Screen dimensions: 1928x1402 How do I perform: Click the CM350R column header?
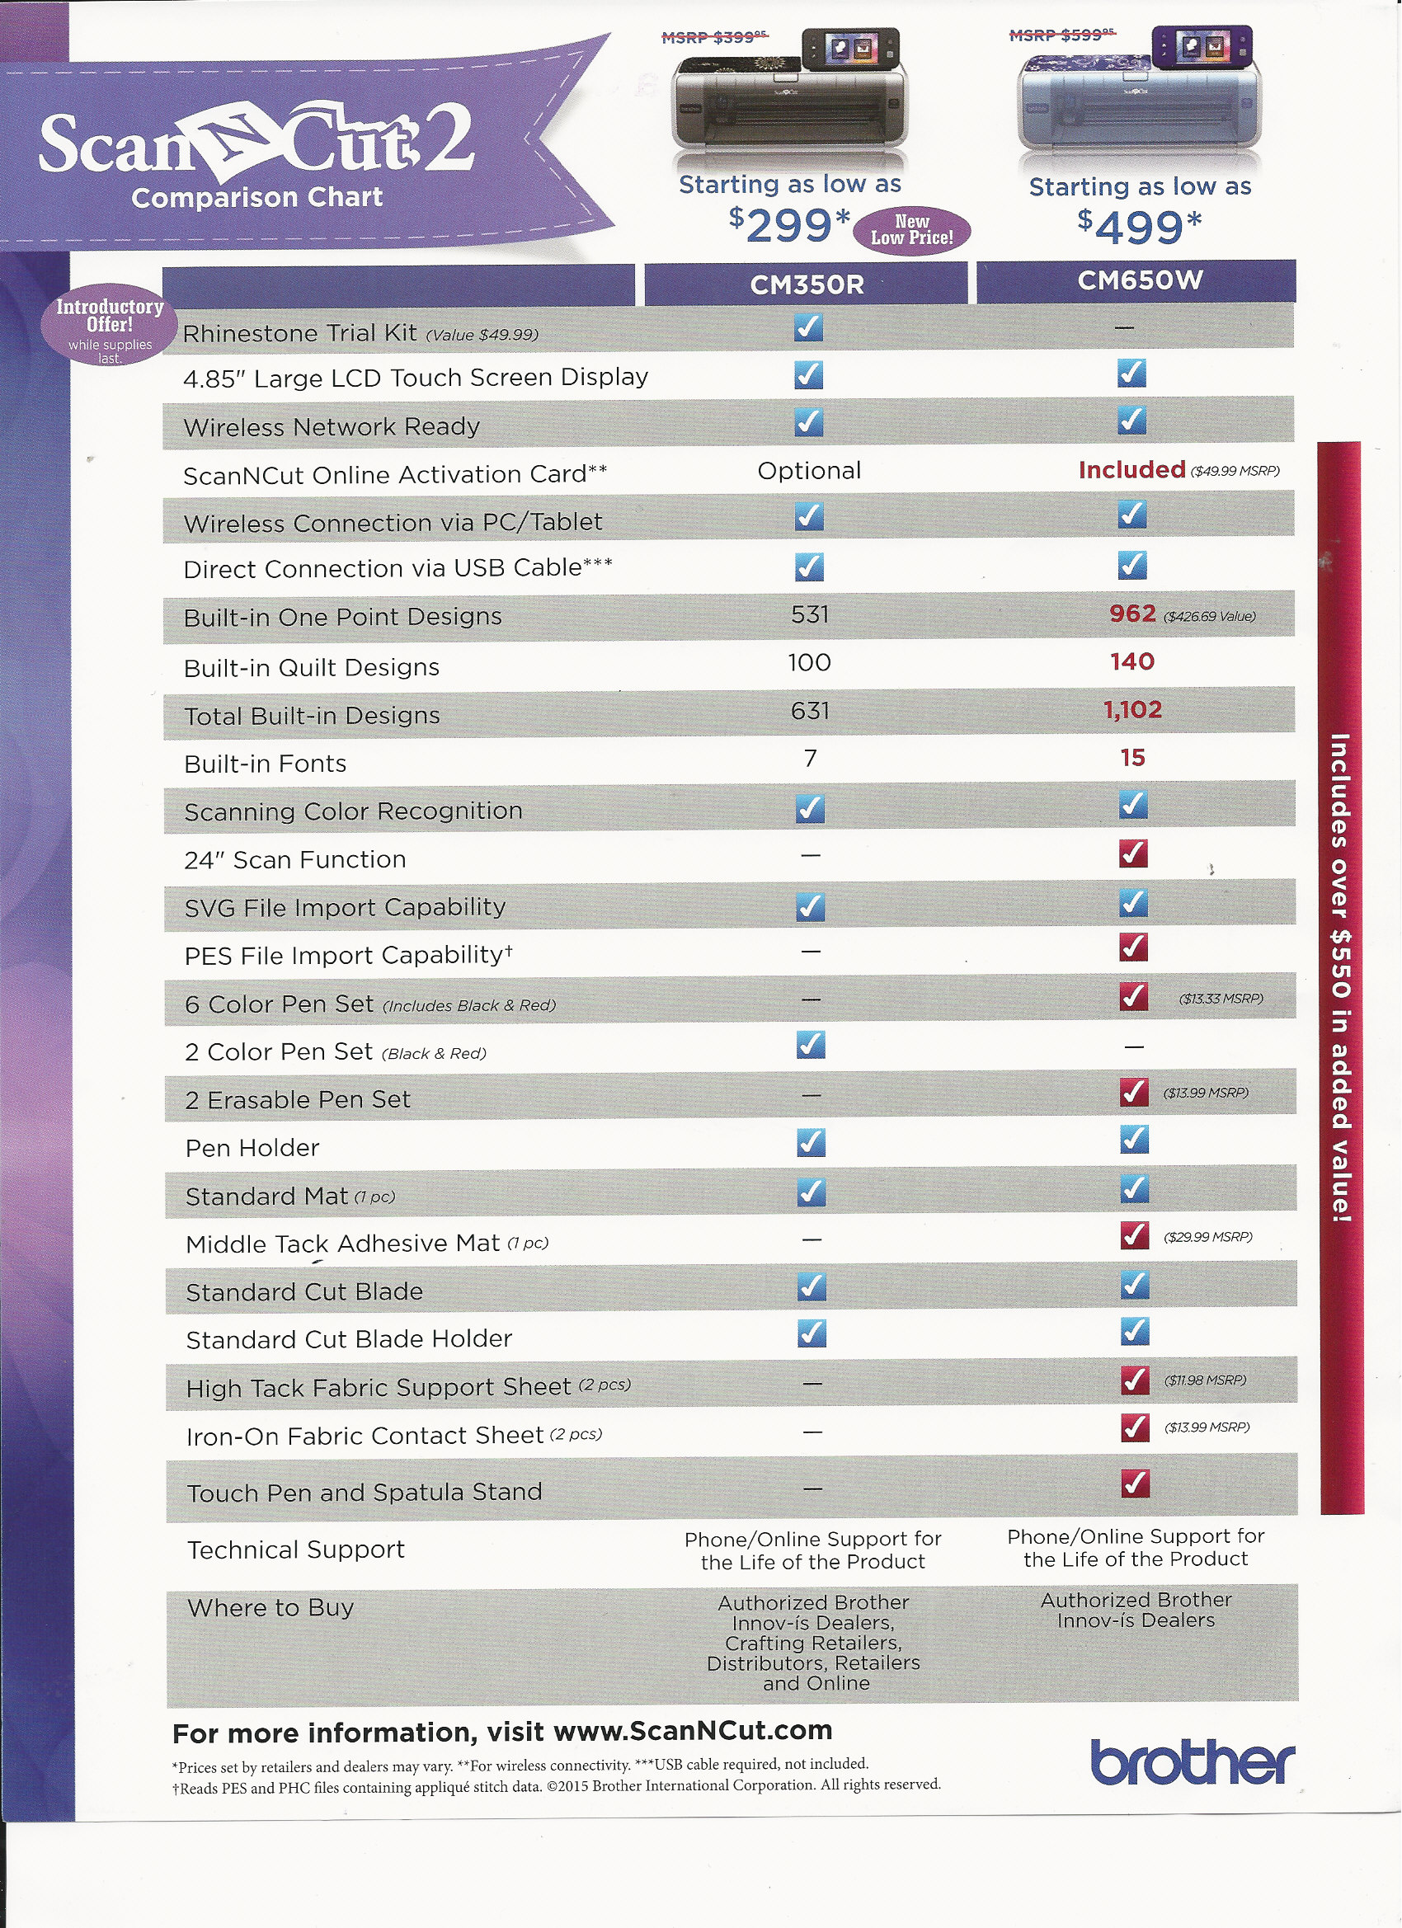click(x=806, y=284)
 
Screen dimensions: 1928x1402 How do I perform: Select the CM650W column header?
click(x=1139, y=280)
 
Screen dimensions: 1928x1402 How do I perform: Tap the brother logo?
click(x=1192, y=1763)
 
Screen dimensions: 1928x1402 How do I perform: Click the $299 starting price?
click(x=789, y=225)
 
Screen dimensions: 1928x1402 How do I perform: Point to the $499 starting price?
click(x=1139, y=227)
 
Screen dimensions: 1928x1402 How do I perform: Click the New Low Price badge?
click(x=911, y=229)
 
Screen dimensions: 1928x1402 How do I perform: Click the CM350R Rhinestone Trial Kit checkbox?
click(x=808, y=328)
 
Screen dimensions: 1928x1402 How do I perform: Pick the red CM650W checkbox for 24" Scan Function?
click(x=1133, y=853)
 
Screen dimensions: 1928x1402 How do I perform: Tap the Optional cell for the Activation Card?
click(x=808, y=471)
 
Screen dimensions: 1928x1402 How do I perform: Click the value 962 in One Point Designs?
click(x=1132, y=614)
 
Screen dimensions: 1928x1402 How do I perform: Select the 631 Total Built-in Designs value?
click(x=809, y=711)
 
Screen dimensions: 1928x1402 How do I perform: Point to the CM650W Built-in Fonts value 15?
click(x=1132, y=757)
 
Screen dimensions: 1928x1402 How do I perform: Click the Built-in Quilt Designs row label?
click(x=311, y=668)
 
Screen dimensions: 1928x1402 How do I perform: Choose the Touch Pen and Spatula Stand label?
click(x=364, y=1493)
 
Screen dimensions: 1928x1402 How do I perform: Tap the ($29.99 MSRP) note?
click(x=1207, y=1237)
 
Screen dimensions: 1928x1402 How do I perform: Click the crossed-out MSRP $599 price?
click(x=1062, y=35)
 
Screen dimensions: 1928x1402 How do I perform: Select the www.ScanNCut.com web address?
click(x=692, y=1731)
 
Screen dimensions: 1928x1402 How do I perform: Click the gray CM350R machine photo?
click(x=789, y=98)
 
